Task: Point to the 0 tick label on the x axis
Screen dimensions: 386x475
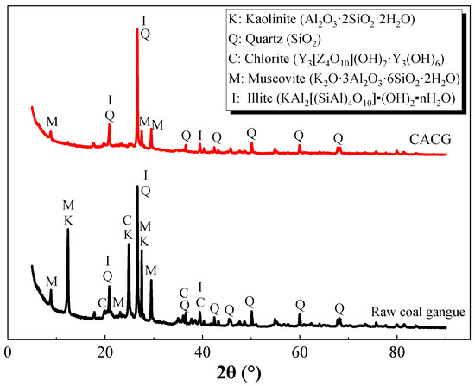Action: [x=8, y=351]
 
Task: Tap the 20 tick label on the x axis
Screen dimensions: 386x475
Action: [x=104, y=351]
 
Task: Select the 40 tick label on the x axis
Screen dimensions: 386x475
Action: [x=202, y=351]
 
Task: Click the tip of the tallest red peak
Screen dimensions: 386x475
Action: [x=137, y=28]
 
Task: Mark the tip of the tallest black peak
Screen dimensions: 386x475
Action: [x=137, y=186]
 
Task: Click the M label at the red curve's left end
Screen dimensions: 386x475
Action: [x=52, y=122]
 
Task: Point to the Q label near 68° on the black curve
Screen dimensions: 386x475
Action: [x=339, y=307]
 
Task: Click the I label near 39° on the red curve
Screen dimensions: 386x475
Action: [x=200, y=136]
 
